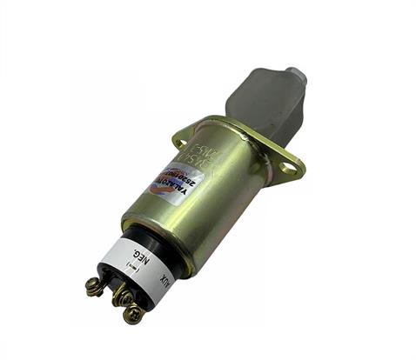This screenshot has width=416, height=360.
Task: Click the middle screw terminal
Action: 121,297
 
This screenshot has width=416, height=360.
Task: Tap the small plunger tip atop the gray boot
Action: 295,73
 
